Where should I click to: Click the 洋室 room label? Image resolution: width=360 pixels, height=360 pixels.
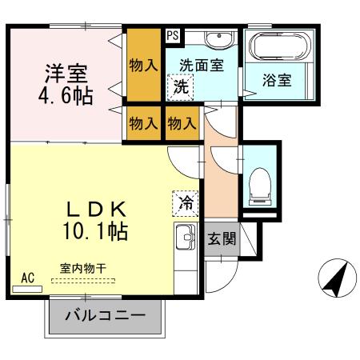[x=66, y=73]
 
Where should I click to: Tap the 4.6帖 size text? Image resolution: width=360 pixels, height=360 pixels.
[x=66, y=97]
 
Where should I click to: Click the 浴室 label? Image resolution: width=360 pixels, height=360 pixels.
[x=278, y=79]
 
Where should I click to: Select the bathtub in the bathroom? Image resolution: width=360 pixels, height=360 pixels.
[x=276, y=47]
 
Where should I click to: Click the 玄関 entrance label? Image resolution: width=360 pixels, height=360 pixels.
[x=221, y=238]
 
